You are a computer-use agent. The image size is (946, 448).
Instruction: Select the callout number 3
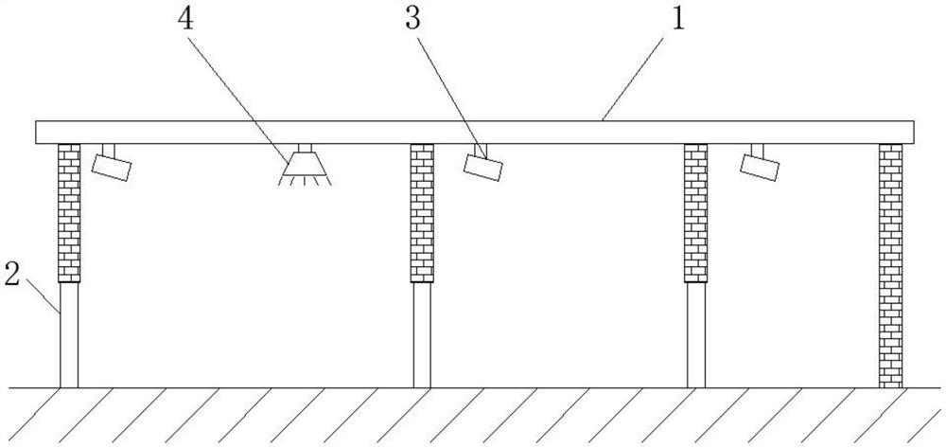[x=413, y=21]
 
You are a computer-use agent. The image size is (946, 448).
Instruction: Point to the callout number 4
[x=186, y=21]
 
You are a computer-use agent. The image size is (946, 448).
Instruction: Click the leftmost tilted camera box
[x=112, y=167]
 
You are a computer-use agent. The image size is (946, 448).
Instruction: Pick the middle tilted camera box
[x=483, y=164]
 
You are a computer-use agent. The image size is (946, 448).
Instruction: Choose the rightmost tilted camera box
[x=761, y=166]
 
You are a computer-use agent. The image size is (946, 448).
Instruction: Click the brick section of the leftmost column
[x=69, y=212]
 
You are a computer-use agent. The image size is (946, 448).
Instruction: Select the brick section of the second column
[x=422, y=212]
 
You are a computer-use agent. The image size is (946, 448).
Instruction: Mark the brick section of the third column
[x=695, y=212]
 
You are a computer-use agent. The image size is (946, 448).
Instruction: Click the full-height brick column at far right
[x=890, y=265]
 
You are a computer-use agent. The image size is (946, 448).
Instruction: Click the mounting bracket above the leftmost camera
[x=107, y=150]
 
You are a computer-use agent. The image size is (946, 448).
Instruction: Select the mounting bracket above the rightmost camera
[x=757, y=150]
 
